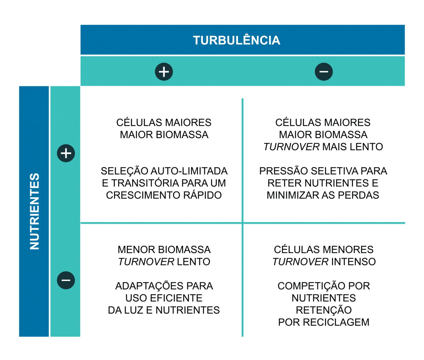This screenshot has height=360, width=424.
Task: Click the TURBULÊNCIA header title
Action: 236,40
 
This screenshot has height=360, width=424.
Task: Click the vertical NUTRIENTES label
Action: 34,211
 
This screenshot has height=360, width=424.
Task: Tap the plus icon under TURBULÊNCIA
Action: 164,71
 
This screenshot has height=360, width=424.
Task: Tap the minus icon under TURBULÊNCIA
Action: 324,71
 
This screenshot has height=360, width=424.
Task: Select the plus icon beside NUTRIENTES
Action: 66,153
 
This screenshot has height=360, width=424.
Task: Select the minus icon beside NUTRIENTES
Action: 66,280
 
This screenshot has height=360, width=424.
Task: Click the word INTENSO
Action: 353,262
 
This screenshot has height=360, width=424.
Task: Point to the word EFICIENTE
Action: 176,298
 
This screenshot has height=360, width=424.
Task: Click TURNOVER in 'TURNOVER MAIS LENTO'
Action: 291,147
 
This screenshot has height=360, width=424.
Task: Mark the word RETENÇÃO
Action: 324,310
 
